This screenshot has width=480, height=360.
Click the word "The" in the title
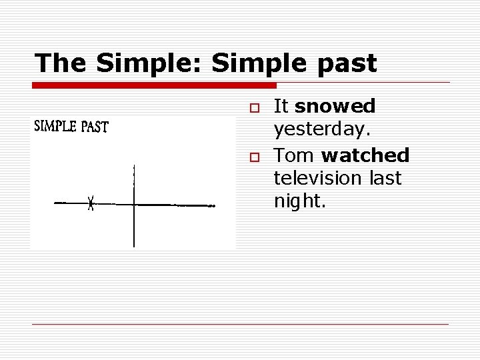pyautogui.click(x=61, y=63)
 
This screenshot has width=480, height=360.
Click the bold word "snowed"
pyautogui.click(x=335, y=106)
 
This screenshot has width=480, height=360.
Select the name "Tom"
pyautogui.click(x=295, y=155)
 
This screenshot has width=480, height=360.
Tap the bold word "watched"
pyautogui.click(x=365, y=155)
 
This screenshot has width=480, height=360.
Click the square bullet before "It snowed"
pyautogui.click(x=253, y=107)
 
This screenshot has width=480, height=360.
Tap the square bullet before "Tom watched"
pyautogui.click(x=253, y=157)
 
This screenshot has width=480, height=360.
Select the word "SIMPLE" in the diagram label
pyautogui.click(x=55, y=126)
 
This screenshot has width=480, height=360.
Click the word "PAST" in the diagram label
pyautogui.click(x=95, y=127)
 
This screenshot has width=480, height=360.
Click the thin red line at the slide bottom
pyautogui.click(x=240, y=324)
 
